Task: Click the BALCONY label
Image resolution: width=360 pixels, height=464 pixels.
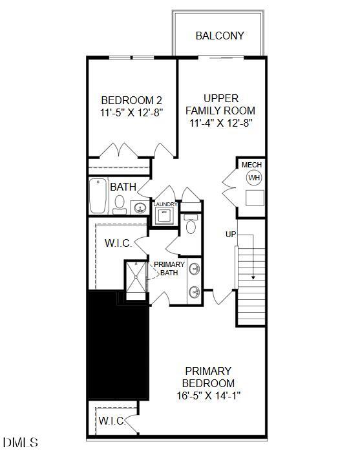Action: (220, 36)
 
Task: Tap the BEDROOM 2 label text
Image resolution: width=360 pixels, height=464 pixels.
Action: (132, 100)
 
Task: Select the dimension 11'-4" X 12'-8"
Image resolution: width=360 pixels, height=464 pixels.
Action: (220, 122)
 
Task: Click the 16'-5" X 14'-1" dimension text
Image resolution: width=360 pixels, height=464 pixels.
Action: (208, 395)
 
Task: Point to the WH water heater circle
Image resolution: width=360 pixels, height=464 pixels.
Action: (254, 178)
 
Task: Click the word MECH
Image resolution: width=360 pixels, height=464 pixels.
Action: (252, 165)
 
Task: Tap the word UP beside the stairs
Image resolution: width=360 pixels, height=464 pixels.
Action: (231, 234)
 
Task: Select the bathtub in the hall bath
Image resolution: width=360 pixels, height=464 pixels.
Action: (98, 195)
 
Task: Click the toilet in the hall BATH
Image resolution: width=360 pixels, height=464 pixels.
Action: (120, 204)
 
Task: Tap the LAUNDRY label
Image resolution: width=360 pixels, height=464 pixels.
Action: (165, 204)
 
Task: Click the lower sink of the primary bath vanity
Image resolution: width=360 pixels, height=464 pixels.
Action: (194, 292)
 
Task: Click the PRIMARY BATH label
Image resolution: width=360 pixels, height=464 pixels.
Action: (169, 269)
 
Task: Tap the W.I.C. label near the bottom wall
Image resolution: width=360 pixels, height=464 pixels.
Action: (111, 421)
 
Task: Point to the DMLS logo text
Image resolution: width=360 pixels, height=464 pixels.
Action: (21, 443)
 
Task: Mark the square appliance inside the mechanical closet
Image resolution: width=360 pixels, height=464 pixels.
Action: (254, 198)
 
